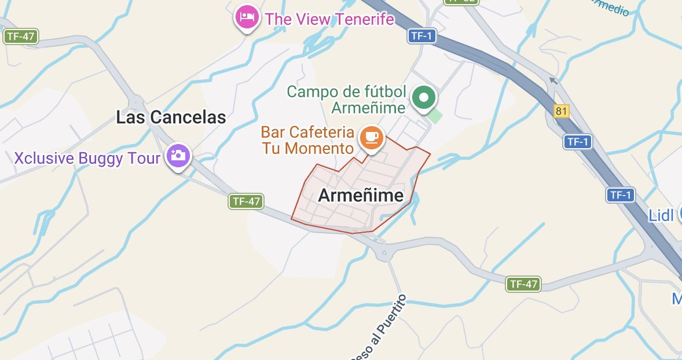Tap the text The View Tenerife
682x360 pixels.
[329, 19]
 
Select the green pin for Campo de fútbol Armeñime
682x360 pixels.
[424, 98]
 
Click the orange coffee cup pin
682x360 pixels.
[371, 137]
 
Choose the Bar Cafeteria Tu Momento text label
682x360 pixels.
[307, 140]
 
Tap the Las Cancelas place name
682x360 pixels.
[171, 117]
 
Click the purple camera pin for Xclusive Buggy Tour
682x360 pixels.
[178, 156]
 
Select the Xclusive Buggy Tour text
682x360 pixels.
[87, 158]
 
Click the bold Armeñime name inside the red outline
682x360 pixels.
[361, 196]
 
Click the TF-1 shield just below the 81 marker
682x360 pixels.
[578, 141]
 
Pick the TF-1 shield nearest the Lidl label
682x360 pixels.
[619, 195]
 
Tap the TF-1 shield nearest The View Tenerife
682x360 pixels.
[421, 36]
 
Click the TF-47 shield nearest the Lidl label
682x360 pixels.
[523, 284]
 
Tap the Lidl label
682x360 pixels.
[661, 216]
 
